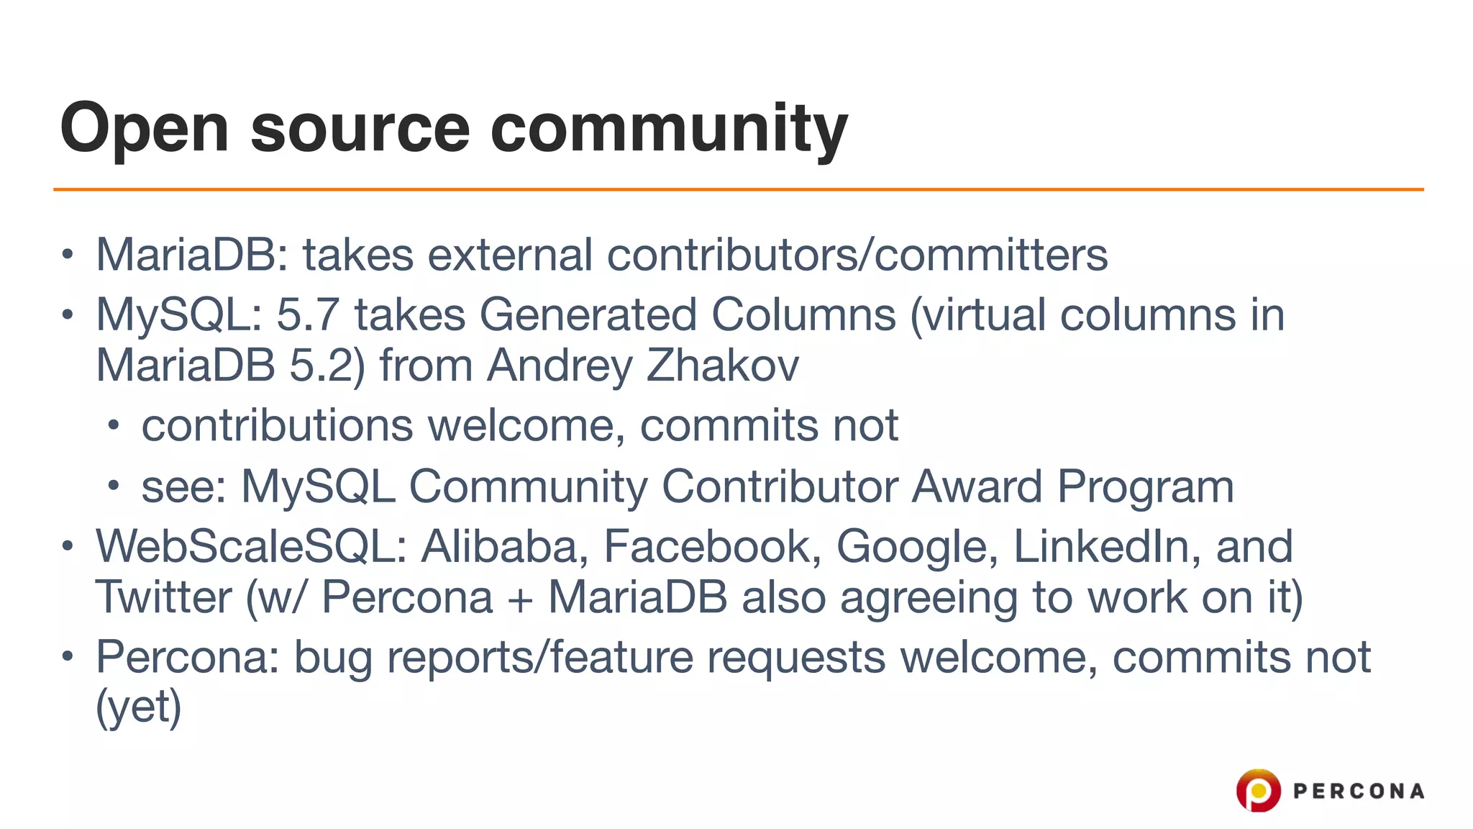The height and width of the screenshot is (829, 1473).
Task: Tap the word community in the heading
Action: (x=669, y=130)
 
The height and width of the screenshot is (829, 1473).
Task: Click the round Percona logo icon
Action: (x=1258, y=790)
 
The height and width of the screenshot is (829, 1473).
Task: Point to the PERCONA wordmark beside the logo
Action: (x=1359, y=792)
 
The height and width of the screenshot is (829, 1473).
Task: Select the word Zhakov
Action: (x=722, y=366)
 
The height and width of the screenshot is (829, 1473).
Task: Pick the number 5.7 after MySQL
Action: (x=308, y=315)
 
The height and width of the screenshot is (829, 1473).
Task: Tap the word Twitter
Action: (x=164, y=597)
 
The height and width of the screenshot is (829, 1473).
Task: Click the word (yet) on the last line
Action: (x=139, y=707)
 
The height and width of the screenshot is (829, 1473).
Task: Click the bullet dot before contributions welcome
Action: (x=113, y=425)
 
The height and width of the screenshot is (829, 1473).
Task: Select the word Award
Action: (x=977, y=486)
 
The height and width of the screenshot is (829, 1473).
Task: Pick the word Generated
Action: (x=588, y=315)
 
